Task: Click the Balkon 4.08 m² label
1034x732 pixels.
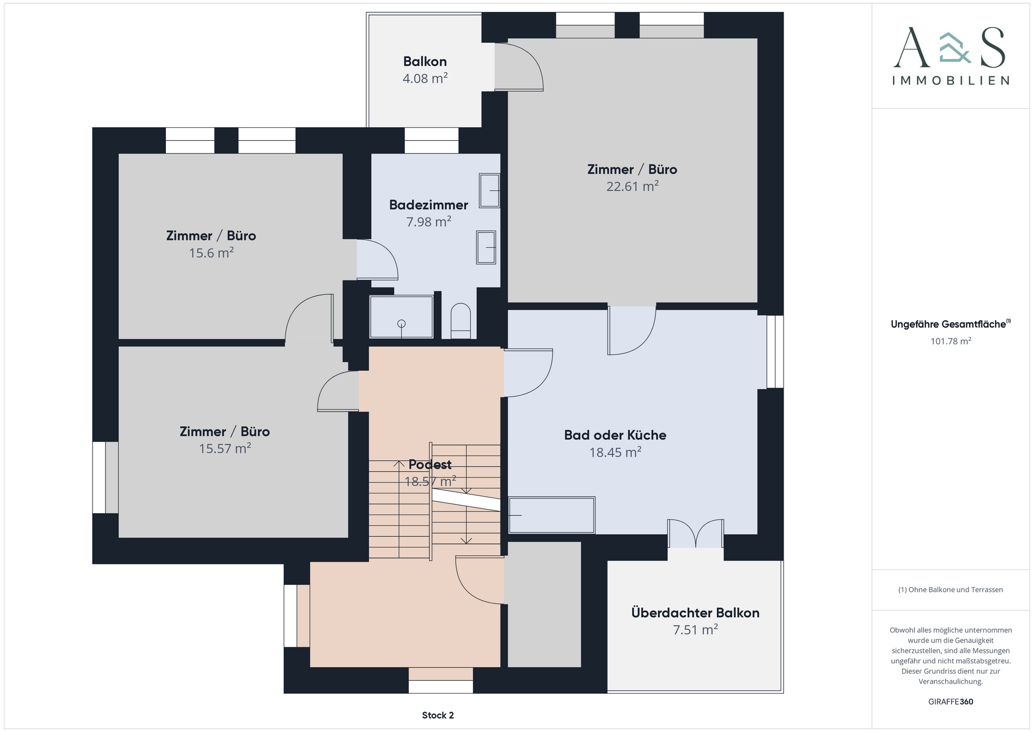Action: tap(425, 70)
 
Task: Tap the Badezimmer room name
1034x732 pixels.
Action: tap(429, 205)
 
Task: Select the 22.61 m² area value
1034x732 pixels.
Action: tap(633, 187)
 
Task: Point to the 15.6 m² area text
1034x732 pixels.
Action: tap(211, 253)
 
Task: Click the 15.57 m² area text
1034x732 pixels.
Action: tap(225, 448)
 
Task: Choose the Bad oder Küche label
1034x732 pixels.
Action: tap(615, 435)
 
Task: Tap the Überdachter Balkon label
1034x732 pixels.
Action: tap(695, 613)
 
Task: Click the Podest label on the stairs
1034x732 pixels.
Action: tap(430, 464)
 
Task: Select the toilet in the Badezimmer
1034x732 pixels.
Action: tap(460, 321)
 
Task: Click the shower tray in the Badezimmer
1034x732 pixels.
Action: tap(401, 316)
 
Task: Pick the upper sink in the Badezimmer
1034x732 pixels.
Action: tap(490, 190)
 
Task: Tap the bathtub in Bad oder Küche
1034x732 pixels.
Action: tap(551, 515)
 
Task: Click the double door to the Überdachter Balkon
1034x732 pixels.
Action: tap(695, 534)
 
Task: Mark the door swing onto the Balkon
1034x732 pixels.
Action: tap(519, 67)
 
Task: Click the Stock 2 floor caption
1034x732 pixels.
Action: tap(438, 715)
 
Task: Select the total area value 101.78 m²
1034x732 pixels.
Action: tap(951, 341)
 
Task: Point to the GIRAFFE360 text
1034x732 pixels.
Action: tap(951, 702)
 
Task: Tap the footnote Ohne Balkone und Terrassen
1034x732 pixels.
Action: tap(951, 590)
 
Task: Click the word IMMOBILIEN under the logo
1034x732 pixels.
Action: tap(951, 81)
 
